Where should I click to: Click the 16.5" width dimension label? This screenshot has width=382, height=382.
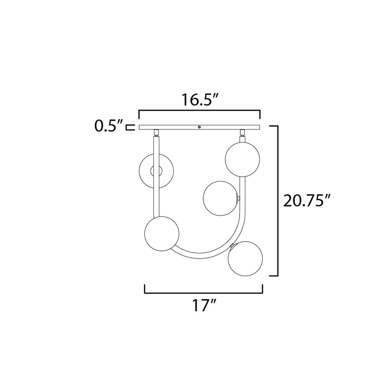tap(199, 100)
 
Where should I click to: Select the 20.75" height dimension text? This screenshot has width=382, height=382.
tap(306, 201)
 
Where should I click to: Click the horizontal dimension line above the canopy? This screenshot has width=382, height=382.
tap(199, 111)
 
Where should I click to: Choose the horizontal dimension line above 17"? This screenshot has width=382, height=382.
tap(204, 293)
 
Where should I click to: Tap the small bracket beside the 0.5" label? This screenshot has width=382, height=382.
tap(131, 127)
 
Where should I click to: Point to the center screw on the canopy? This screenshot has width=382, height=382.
tap(199, 127)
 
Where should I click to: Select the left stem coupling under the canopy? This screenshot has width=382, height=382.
tap(156, 133)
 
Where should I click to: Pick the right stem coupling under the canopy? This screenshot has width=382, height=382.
tap(242, 133)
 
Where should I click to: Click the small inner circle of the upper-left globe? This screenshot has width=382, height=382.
tap(156, 171)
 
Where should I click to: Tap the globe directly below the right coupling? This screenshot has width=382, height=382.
tap(242, 160)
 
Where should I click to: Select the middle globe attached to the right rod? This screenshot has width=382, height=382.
tap(220, 198)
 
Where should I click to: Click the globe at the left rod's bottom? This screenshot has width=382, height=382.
tap(162, 234)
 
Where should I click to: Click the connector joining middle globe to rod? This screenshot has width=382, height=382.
tap(238, 198)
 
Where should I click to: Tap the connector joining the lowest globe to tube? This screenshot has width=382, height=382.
tap(232, 245)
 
